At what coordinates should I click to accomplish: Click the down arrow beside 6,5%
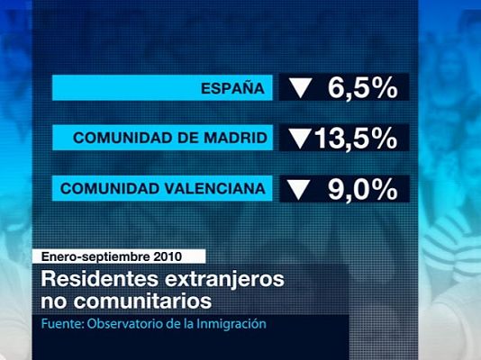pyautogui.click(x=300, y=88)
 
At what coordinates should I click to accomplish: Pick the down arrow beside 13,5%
pyautogui.click(x=300, y=139)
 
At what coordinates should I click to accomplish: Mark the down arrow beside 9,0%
pyautogui.click(x=300, y=190)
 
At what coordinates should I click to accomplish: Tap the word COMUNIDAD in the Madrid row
pyautogui.click(x=112, y=139)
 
